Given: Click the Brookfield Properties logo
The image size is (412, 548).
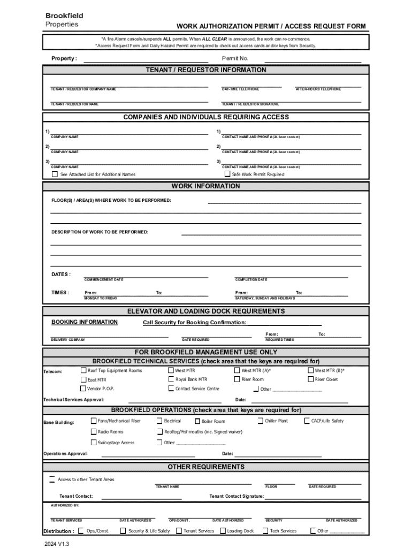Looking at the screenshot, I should coord(64,20).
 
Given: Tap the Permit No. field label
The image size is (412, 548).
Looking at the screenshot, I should coord(235,58).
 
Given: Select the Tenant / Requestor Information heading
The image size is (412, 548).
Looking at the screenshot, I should coord(205,70).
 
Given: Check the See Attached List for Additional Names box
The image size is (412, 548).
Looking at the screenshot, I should coord(55,174).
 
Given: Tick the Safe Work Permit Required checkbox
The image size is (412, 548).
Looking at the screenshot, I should coord(227,174).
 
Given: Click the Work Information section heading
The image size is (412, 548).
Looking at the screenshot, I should coord(205,186).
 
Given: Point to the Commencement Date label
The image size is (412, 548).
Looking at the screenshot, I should coord(104,280).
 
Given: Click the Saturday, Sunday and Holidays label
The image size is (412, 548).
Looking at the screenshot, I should coord(265,298).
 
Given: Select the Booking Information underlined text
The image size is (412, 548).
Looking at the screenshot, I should coord(85,322).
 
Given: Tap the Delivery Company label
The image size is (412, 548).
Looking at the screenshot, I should coord(68,340).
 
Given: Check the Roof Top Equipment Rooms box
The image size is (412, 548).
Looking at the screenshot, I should coord(83,370).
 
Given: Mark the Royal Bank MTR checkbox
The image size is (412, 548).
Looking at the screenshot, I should coord(171,379).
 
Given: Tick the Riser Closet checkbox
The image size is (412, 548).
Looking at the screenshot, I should coord(310,379).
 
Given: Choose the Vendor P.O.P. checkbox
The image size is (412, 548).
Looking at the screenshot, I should coord(83,388).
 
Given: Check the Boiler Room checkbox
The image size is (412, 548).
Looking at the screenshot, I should coord(197,421).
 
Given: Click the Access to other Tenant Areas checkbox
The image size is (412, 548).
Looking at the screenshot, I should coord(52,479).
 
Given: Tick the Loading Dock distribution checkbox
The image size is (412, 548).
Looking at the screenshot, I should coord(222,531).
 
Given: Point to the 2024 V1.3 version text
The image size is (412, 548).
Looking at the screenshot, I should coord(57,543).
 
